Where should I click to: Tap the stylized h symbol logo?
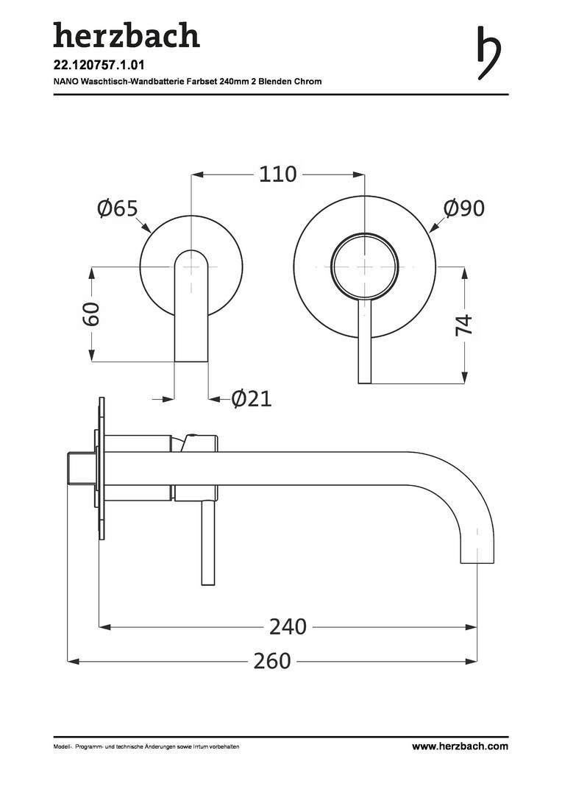(488, 52)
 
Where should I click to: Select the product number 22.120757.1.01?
(99, 66)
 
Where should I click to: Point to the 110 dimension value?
(278, 174)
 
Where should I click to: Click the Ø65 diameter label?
(118, 208)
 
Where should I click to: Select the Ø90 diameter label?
(463, 208)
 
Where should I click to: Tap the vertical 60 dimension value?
(92, 314)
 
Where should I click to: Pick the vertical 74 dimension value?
(464, 325)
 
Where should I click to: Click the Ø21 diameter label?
(252, 399)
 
